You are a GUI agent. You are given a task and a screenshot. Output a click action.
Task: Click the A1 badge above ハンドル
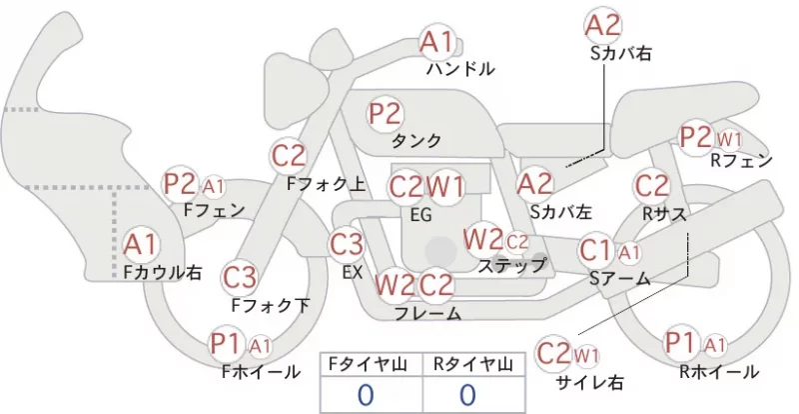[x=436, y=42]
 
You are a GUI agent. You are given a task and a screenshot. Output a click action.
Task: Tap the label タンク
[x=415, y=140]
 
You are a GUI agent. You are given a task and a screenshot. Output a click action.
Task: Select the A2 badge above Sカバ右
[x=603, y=26]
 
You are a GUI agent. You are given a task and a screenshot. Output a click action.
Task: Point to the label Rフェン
[x=741, y=161]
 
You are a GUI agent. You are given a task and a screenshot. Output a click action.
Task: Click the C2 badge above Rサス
[x=652, y=186]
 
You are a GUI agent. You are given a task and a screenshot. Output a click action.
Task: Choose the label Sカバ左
[x=560, y=212]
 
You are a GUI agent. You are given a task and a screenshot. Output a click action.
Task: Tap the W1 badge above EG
[x=444, y=187]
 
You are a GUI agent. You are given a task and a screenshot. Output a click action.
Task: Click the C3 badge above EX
[x=347, y=244]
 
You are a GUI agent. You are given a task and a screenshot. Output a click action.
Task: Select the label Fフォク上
[x=327, y=184]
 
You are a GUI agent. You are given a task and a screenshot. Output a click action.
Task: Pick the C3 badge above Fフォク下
[x=239, y=278]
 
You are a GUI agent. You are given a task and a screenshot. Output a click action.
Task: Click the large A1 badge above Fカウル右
[x=140, y=245]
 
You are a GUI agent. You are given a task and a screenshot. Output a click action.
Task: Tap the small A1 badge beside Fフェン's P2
[x=214, y=187]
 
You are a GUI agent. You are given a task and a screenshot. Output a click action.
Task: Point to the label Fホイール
[x=261, y=372]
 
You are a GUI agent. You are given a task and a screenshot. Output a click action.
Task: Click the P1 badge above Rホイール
[x=681, y=343]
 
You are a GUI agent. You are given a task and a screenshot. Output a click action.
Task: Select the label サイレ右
[x=590, y=382]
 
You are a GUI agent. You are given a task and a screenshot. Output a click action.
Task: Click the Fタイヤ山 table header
[x=371, y=364]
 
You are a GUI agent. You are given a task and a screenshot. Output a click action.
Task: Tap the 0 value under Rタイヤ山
[x=467, y=395]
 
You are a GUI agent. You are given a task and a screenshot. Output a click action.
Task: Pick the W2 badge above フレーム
[x=395, y=285]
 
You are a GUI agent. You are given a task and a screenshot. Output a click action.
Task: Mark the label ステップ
[x=511, y=265]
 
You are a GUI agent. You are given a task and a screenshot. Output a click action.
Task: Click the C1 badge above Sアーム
[x=596, y=251]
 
